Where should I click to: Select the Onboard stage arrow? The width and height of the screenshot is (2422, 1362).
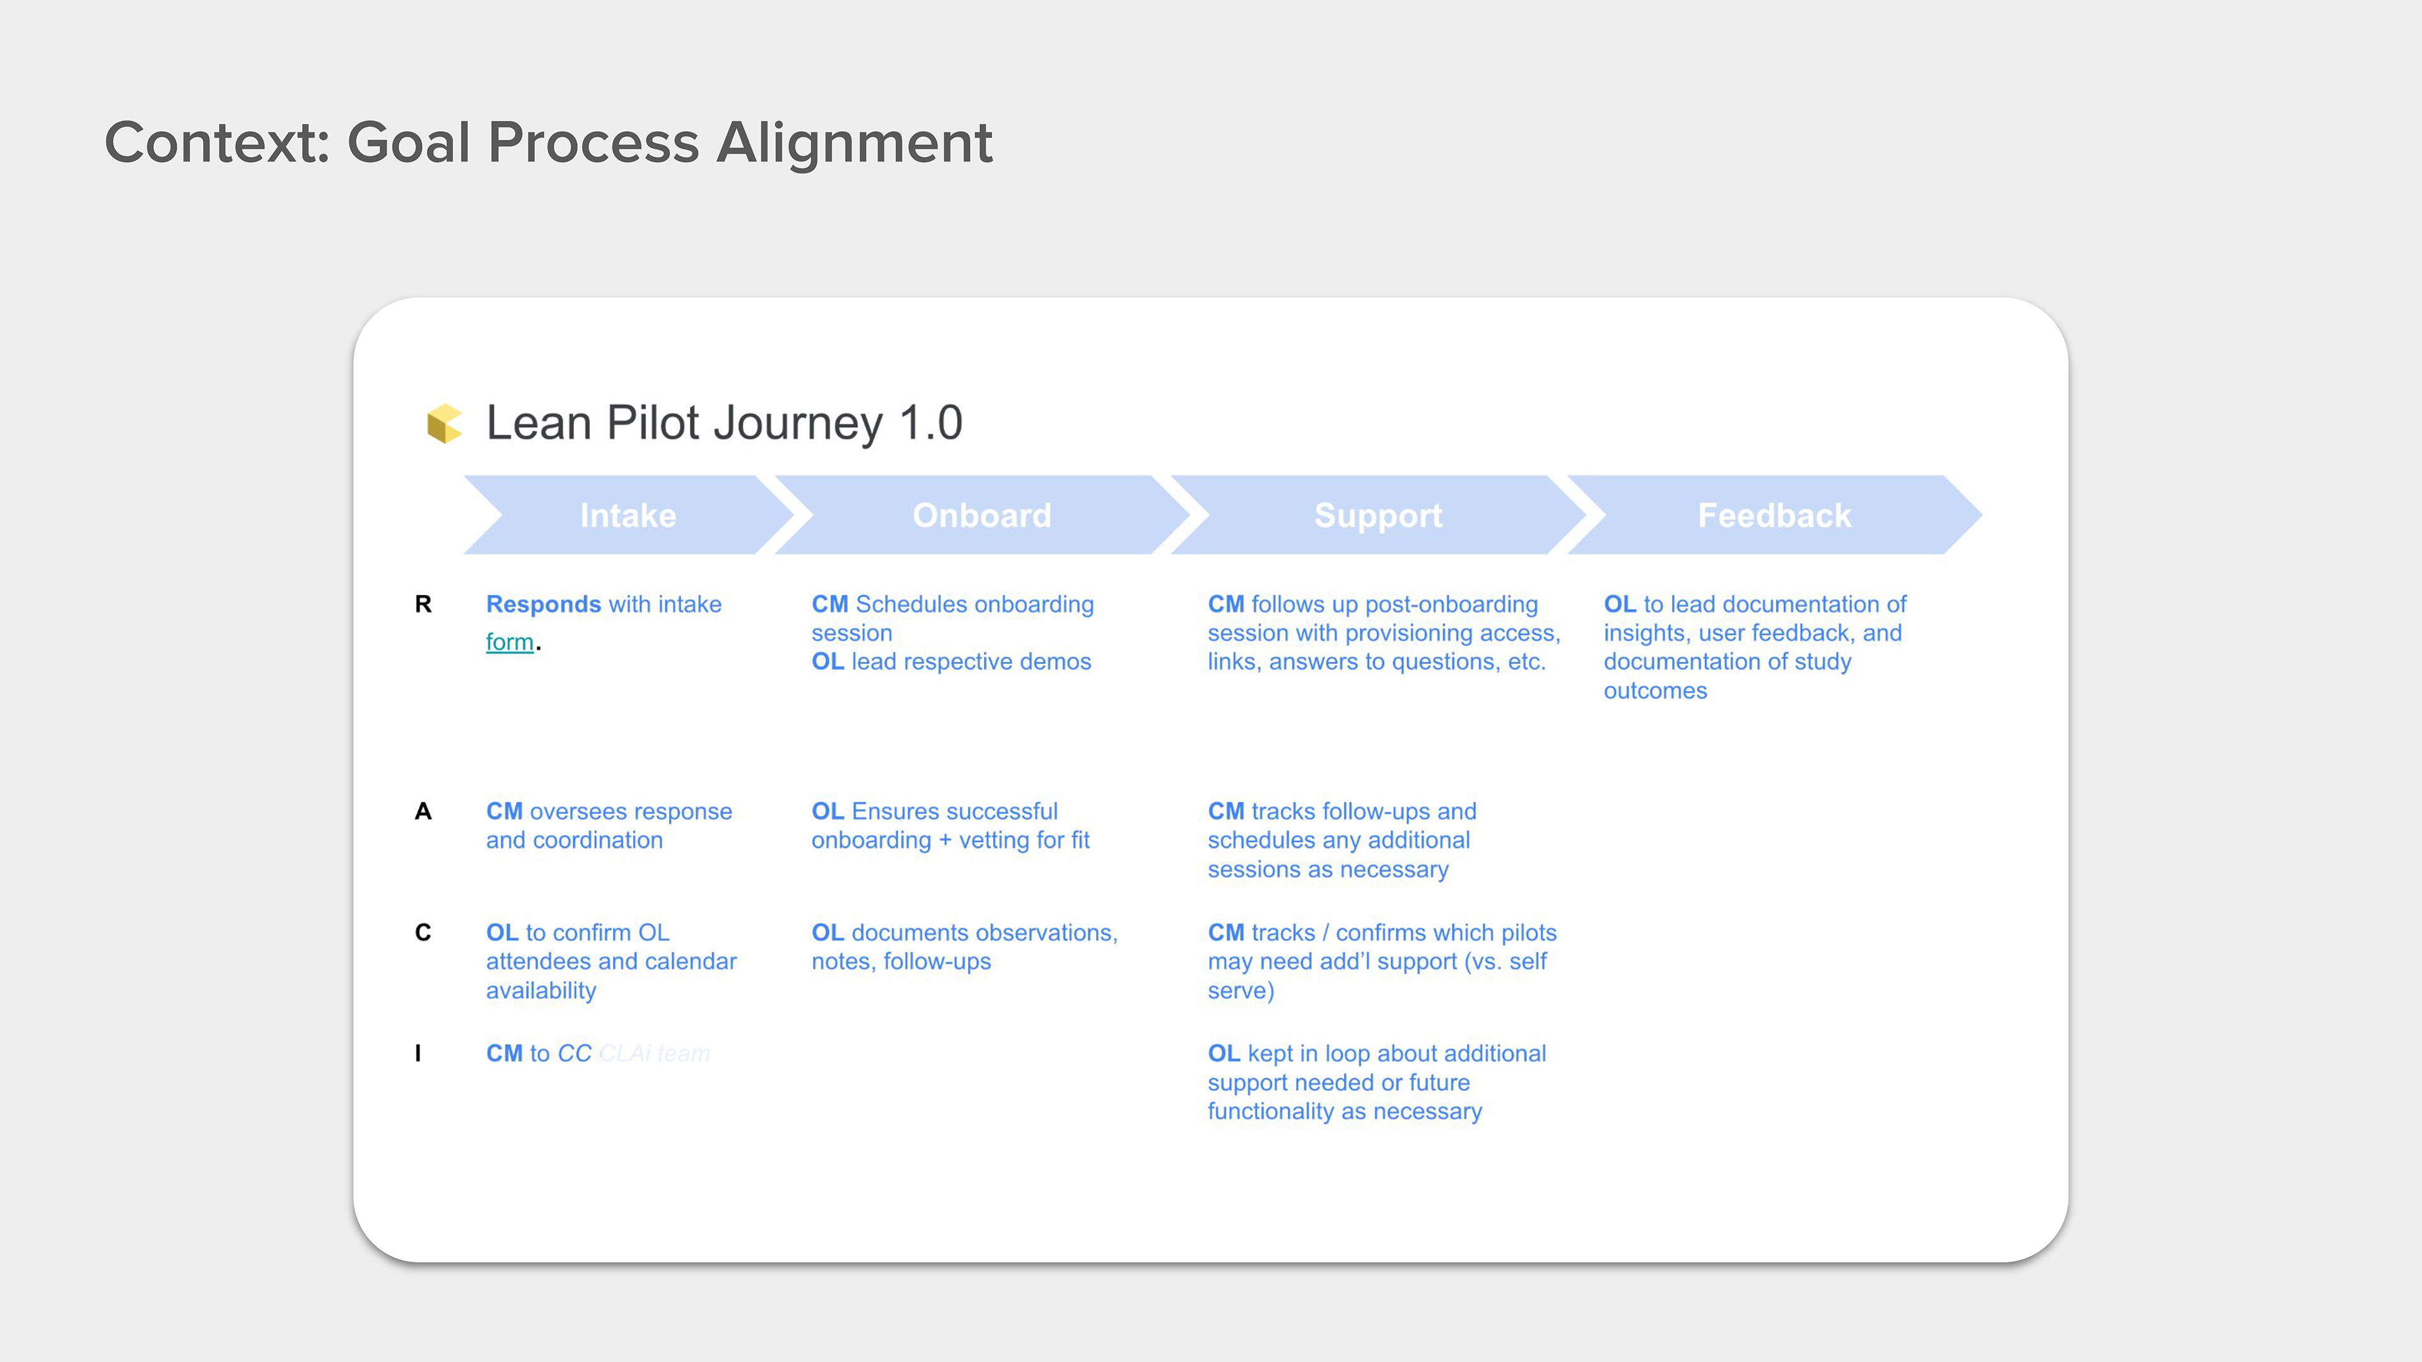click(981, 515)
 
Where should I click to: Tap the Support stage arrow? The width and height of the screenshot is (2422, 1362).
click(1378, 515)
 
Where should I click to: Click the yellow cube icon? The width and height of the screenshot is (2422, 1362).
click(444, 423)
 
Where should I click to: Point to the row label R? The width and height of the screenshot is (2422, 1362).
click(423, 605)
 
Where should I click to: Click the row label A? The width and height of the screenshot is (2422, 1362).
click(423, 811)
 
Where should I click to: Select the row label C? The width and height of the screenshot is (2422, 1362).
click(423, 933)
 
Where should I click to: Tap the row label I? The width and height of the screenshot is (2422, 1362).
click(418, 1054)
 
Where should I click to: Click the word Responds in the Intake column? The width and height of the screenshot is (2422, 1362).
click(542, 605)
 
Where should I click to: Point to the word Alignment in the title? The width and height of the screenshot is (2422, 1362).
click(854, 143)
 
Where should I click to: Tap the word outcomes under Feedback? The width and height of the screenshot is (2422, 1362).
click(1655, 691)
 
